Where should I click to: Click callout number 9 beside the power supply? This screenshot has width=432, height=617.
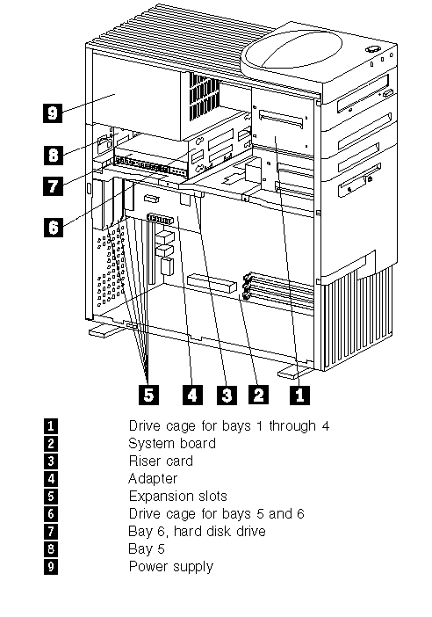(x=53, y=113)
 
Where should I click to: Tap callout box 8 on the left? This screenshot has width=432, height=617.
(x=53, y=155)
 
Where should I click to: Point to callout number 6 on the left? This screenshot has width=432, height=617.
(x=53, y=228)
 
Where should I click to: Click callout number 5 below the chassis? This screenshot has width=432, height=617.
(x=148, y=395)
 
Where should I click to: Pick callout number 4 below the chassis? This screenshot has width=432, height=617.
(x=192, y=395)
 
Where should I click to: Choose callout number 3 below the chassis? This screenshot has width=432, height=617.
(x=227, y=395)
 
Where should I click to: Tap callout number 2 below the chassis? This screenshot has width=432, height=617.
(x=258, y=395)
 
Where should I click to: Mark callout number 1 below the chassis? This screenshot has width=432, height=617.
(x=299, y=395)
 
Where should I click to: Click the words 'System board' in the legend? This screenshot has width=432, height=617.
(x=172, y=444)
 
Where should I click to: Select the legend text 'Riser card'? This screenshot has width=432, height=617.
(x=161, y=461)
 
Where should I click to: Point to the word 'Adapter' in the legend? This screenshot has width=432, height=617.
(x=153, y=479)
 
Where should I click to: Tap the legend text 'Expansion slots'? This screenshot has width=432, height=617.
(x=177, y=497)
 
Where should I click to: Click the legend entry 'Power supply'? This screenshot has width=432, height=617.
(x=171, y=567)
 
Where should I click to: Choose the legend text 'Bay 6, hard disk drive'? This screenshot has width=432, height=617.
(x=197, y=532)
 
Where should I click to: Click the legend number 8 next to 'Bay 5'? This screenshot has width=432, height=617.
(x=51, y=549)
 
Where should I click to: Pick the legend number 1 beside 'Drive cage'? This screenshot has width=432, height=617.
(x=51, y=425)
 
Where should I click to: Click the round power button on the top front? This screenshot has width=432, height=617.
(x=371, y=49)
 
